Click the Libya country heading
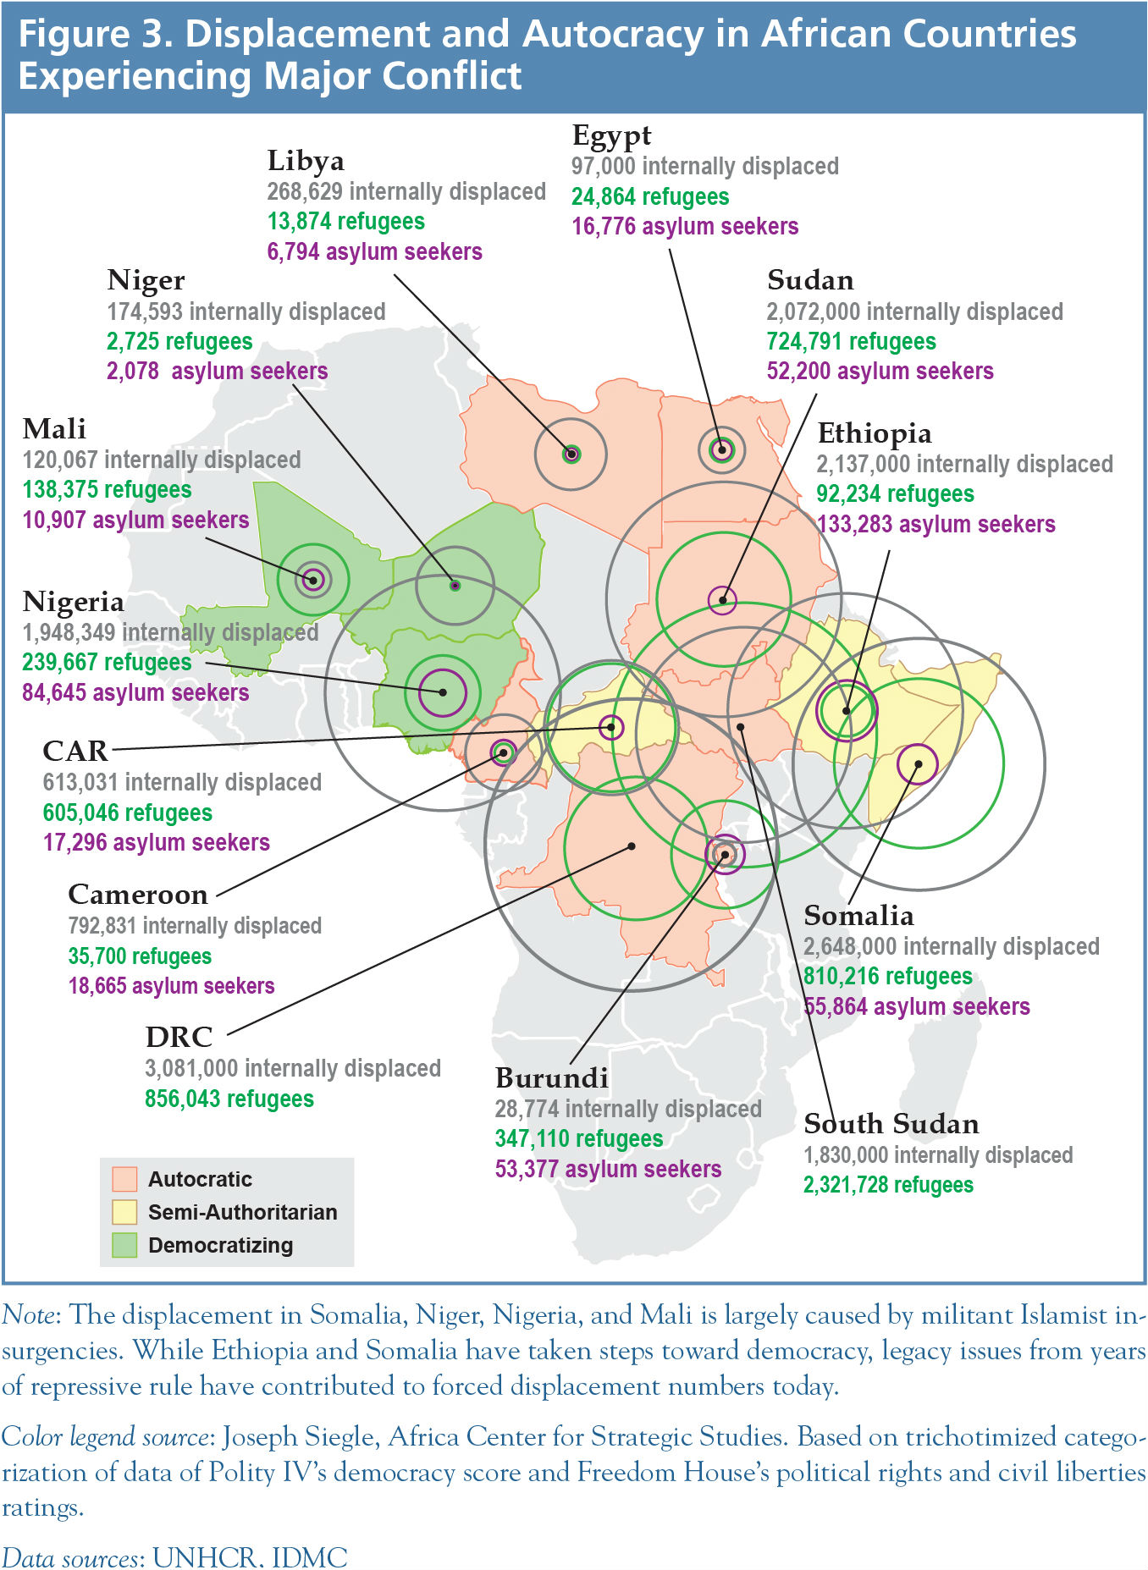pyautogui.click(x=306, y=161)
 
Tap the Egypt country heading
pyautogui.click(x=611, y=136)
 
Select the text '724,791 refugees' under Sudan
pyautogui.click(x=851, y=341)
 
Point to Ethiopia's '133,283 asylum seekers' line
pyautogui.click(x=936, y=524)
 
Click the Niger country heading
pyautogui.click(x=146, y=280)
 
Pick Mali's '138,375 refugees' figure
pyautogui.click(x=107, y=489)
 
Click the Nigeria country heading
pyautogui.click(x=74, y=602)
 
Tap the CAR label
pyautogui.click(x=75, y=751)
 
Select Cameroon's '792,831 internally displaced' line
pyautogui.click(x=195, y=926)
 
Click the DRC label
pyautogui.click(x=179, y=1037)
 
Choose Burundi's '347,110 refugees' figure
pyautogui.click(x=579, y=1138)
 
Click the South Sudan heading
pyautogui.click(x=891, y=1124)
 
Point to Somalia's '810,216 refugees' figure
pyautogui.click(x=888, y=976)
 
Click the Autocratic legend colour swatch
pyautogui.click(x=124, y=1179)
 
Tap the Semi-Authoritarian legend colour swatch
pyautogui.click(x=124, y=1212)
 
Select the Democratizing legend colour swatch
pyautogui.click(x=124, y=1245)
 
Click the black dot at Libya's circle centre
pyautogui.click(x=571, y=454)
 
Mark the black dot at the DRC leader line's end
pyautogui.click(x=632, y=846)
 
